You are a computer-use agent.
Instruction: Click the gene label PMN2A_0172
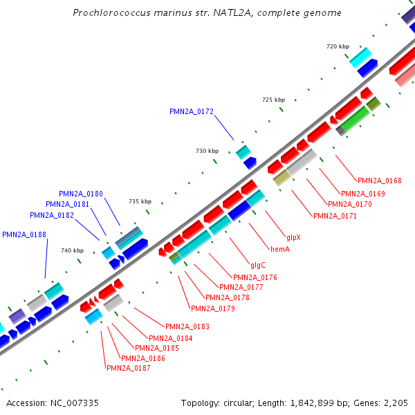pyautogui.click(x=192, y=111)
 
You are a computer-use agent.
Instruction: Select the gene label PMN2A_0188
pyautogui.click(x=24, y=235)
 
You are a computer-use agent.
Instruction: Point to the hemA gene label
pyautogui.click(x=279, y=249)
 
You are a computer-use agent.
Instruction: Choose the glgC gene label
pyautogui.click(x=258, y=265)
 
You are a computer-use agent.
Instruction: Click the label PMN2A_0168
pyautogui.click(x=380, y=181)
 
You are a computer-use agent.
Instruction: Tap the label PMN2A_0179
pyautogui.click(x=213, y=308)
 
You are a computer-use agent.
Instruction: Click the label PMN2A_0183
pyautogui.click(x=187, y=326)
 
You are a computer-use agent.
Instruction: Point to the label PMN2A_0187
pyautogui.click(x=129, y=369)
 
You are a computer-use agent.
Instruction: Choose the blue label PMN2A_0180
pyautogui.click(x=81, y=194)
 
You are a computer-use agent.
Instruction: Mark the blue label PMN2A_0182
pyautogui.click(x=52, y=215)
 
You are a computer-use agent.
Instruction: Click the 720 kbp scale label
pyautogui.click(x=338, y=46)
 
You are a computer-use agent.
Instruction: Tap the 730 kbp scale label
pyautogui.click(x=207, y=151)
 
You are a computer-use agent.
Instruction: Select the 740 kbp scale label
pyautogui.click(x=72, y=251)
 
